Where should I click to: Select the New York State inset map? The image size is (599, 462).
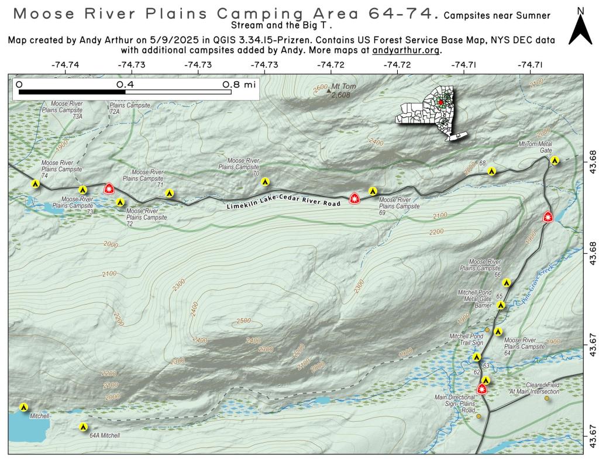click(x=433, y=113)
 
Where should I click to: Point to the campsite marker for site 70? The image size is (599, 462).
click(x=265, y=181)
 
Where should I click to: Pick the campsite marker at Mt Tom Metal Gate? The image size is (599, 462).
click(x=555, y=160)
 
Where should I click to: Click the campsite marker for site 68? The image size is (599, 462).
click(x=493, y=171)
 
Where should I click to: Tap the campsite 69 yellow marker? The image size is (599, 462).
click(x=373, y=191)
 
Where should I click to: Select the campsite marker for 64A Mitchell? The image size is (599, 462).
click(x=84, y=427)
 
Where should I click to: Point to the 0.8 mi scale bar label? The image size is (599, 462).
click(x=239, y=84)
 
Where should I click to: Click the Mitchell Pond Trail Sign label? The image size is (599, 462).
click(x=466, y=340)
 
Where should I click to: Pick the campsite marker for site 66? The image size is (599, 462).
click(x=507, y=282)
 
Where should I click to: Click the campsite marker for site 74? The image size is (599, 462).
click(x=36, y=184)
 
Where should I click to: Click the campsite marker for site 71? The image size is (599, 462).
click(x=170, y=192)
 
